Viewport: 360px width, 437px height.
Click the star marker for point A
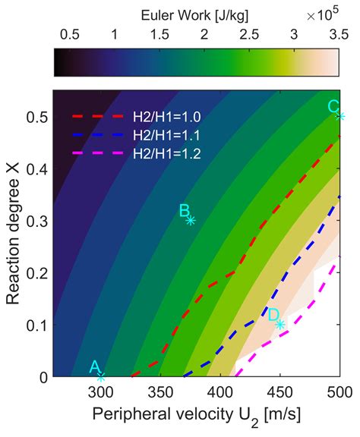tap(101, 376)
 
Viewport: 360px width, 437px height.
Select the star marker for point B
tap(191, 220)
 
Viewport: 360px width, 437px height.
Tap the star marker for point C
tap(340, 116)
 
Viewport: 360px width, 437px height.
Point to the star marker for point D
tap(280, 324)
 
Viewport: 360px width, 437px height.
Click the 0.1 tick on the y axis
tap(35, 325)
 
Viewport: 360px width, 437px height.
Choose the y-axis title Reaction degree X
tap(14, 234)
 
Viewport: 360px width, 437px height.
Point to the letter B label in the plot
tap(184, 210)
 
